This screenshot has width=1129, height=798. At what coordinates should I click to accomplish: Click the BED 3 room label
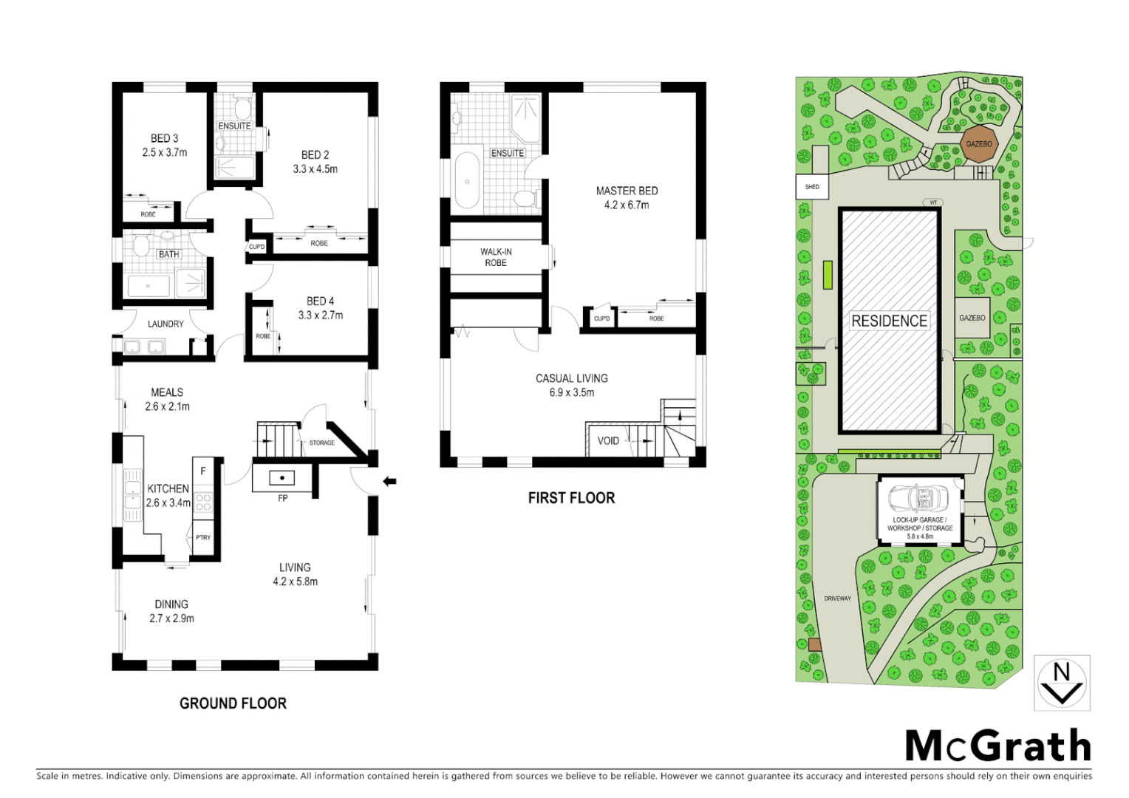coord(164,138)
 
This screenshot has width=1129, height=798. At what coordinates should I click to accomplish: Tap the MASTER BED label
coord(627,191)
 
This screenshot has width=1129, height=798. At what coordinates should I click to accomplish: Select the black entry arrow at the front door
coord(389,482)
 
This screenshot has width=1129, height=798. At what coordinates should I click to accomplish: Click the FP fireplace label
coord(283,499)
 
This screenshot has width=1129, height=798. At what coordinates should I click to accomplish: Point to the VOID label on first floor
coord(608,441)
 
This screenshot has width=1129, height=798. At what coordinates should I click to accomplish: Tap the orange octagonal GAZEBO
coord(979,144)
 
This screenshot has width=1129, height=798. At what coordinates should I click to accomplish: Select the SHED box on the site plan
coord(812,187)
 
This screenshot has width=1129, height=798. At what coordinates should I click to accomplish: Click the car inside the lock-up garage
coord(918,499)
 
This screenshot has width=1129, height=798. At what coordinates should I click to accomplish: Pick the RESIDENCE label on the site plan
coord(889,321)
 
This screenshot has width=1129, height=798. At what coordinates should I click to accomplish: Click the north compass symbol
coord(1062,683)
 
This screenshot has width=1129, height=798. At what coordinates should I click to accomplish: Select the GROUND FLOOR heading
coord(233,703)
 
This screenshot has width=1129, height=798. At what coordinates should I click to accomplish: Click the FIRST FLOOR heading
coord(571,498)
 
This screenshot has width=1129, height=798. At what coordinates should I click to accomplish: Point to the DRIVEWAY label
coord(838,598)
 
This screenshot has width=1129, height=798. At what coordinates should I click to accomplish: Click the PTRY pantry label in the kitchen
coord(203,538)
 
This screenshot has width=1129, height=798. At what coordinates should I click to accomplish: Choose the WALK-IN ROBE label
coord(496,257)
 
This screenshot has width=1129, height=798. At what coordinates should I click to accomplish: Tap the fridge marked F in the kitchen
coord(203,471)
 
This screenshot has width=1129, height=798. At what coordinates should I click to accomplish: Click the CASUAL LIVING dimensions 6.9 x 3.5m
coord(571,392)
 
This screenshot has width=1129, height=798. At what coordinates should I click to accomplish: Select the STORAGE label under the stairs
coord(321,443)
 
